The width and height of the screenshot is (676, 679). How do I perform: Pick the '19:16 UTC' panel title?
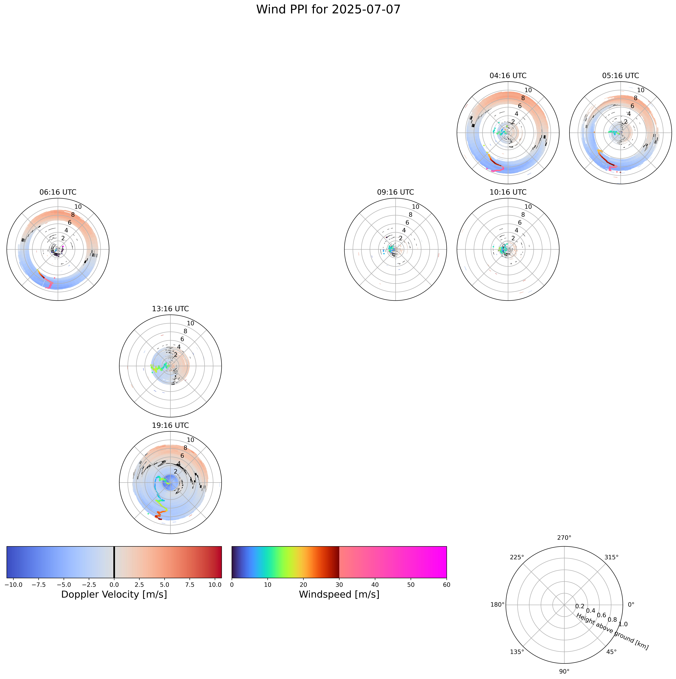[170, 426]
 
